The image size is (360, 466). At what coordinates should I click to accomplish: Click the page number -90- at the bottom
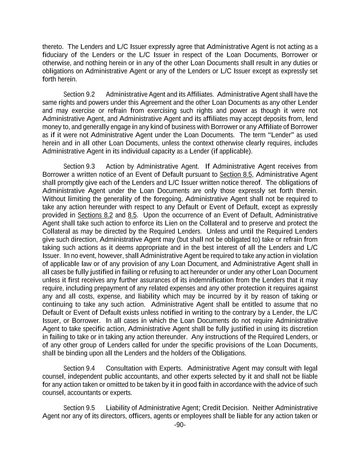click(x=180, y=425)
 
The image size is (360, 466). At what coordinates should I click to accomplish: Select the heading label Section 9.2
click(x=79, y=94)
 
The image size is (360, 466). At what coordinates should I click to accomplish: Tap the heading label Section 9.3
click(x=79, y=166)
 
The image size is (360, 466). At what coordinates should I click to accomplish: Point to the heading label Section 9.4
click(x=79, y=368)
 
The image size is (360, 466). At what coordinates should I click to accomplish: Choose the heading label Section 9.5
click(x=79, y=408)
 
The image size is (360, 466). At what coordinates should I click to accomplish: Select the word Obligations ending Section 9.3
click(x=228, y=353)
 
